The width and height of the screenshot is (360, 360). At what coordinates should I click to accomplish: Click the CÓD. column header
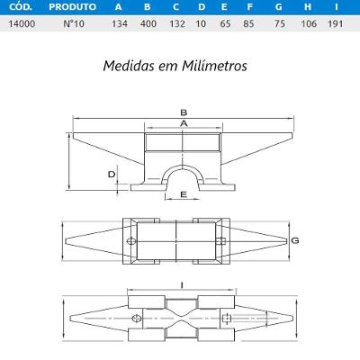19,6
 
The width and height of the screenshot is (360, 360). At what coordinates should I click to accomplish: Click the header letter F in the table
248,6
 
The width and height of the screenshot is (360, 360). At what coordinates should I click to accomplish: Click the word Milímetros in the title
211,66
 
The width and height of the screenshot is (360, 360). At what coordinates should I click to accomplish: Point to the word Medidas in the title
128,66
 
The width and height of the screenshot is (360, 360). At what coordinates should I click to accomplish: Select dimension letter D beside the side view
111,173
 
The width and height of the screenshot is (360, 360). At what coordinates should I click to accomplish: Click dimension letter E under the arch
184,193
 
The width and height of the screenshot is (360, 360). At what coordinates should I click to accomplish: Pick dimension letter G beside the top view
294,239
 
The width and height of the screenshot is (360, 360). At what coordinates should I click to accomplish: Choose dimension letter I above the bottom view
183,285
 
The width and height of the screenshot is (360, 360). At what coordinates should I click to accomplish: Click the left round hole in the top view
132,242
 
